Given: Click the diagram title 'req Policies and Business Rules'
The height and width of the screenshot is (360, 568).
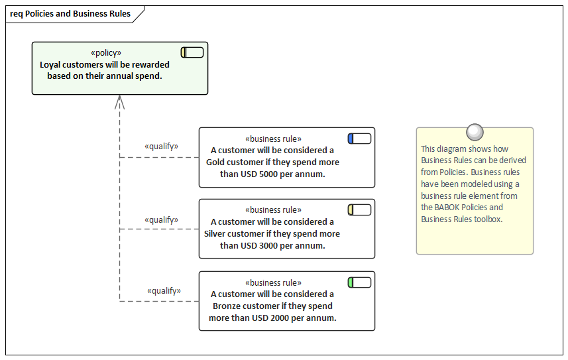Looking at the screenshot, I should (70, 14).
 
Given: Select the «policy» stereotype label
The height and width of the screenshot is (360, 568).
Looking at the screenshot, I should (106, 53).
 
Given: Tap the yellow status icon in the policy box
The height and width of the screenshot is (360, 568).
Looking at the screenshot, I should (192, 52).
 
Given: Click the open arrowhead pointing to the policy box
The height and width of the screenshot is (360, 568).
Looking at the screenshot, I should (119, 101).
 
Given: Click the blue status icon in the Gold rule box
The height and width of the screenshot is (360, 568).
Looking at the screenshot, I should (359, 139).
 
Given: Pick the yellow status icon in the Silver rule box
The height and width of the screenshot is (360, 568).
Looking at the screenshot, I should (359, 210).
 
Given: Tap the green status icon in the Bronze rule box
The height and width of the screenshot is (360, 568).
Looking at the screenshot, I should (359, 282).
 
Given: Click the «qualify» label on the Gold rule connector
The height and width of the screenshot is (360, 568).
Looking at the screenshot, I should (161, 147).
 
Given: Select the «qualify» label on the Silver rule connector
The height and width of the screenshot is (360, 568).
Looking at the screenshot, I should (161, 219).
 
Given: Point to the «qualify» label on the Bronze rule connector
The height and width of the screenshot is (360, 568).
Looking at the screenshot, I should (164, 290).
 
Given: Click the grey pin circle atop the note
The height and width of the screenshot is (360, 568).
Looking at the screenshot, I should (475, 132).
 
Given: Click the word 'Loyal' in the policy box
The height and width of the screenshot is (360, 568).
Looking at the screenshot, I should (52, 65).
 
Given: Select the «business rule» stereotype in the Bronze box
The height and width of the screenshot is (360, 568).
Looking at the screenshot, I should (273, 282).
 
